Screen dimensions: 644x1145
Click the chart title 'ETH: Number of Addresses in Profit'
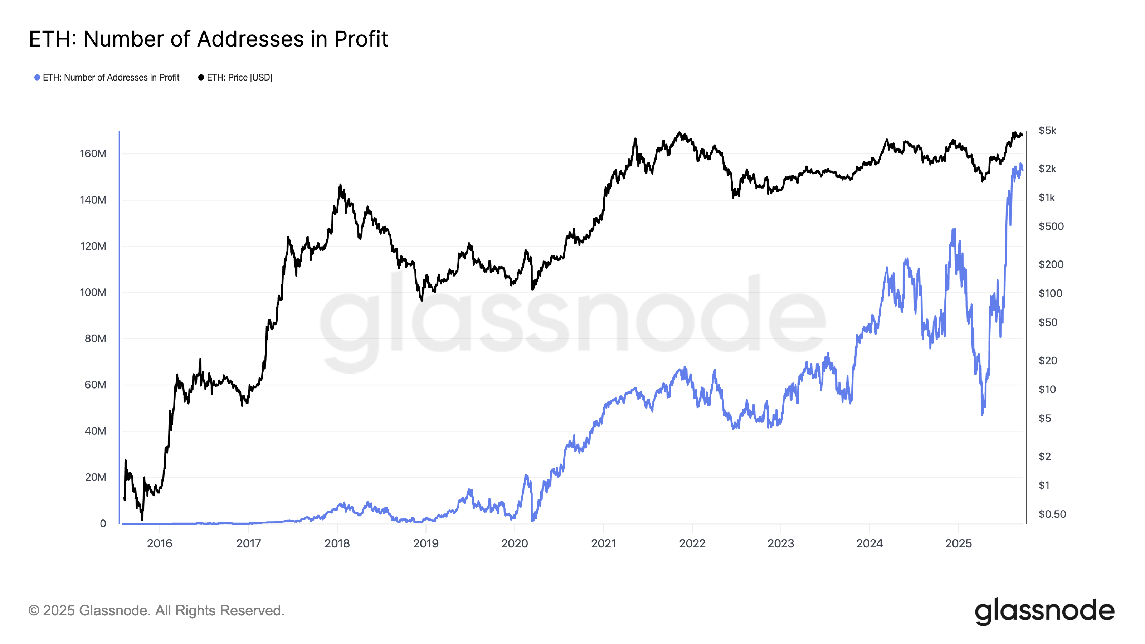209,39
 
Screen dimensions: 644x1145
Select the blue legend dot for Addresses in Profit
37,78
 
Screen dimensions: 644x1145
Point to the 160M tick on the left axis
93,154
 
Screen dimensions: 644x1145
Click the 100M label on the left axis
93,292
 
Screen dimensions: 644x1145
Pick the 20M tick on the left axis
95,477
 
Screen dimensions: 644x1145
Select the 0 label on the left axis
103,523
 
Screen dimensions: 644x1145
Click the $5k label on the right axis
1047,131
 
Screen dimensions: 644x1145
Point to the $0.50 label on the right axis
1052,514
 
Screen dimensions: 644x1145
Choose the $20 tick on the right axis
1048,360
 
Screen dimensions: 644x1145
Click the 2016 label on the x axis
160,543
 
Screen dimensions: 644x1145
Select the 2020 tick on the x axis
514,543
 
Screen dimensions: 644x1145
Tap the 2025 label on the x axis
958,543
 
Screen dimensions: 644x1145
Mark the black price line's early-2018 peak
340,185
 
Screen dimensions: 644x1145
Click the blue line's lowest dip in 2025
982,414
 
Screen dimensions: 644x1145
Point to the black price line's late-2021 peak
679,132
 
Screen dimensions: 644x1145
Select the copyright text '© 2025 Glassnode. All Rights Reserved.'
156,611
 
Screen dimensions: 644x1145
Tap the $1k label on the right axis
1046,198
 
